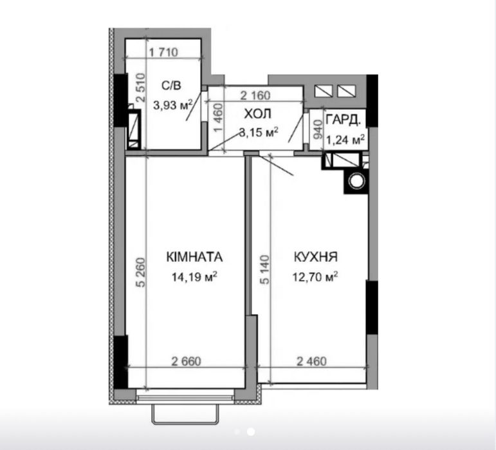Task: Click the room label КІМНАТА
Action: click(x=194, y=257)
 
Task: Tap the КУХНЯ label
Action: click(x=316, y=257)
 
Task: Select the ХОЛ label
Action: click(x=258, y=114)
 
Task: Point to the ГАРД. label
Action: click(x=343, y=120)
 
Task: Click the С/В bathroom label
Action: click(x=172, y=86)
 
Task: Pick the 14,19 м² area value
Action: click(x=194, y=277)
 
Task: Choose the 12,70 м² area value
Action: click(x=315, y=277)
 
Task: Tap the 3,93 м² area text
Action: click(x=173, y=105)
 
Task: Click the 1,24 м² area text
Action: click(x=345, y=139)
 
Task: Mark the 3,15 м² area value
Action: click(x=259, y=132)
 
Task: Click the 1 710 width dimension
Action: click(x=163, y=52)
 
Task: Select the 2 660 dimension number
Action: click(x=187, y=361)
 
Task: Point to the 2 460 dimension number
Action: click(x=311, y=361)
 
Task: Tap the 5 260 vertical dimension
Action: click(x=141, y=272)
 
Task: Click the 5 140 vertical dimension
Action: click(x=266, y=270)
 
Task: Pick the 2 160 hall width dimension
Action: click(x=255, y=95)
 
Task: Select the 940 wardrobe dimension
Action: click(x=318, y=129)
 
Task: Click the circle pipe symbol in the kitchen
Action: click(x=357, y=181)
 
